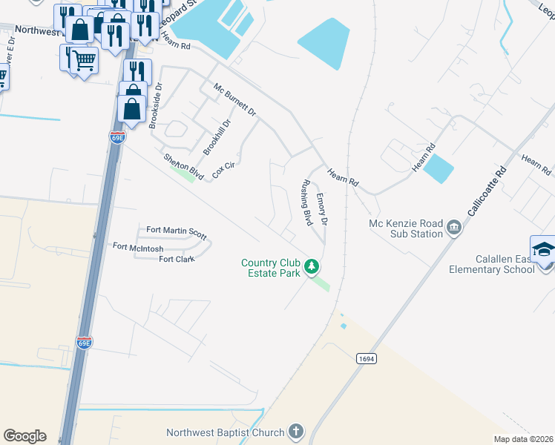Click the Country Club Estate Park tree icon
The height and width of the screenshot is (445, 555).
click(x=313, y=265)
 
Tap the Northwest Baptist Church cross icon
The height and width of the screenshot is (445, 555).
click(x=295, y=432)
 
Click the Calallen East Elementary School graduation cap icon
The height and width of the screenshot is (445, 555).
click(x=543, y=250)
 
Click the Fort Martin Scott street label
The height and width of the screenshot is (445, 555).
click(x=176, y=231)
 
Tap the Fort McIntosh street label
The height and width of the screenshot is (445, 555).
click(x=138, y=247)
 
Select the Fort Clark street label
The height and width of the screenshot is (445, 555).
click(x=177, y=260)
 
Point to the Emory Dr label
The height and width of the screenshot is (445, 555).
click(x=322, y=210)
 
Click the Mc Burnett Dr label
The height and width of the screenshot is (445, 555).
click(x=234, y=100)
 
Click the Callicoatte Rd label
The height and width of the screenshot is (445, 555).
click(x=487, y=191)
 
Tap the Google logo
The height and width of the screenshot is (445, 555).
click(x=24, y=436)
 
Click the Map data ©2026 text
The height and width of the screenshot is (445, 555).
click(x=524, y=439)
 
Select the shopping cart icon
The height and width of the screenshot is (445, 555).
click(x=85, y=61)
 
